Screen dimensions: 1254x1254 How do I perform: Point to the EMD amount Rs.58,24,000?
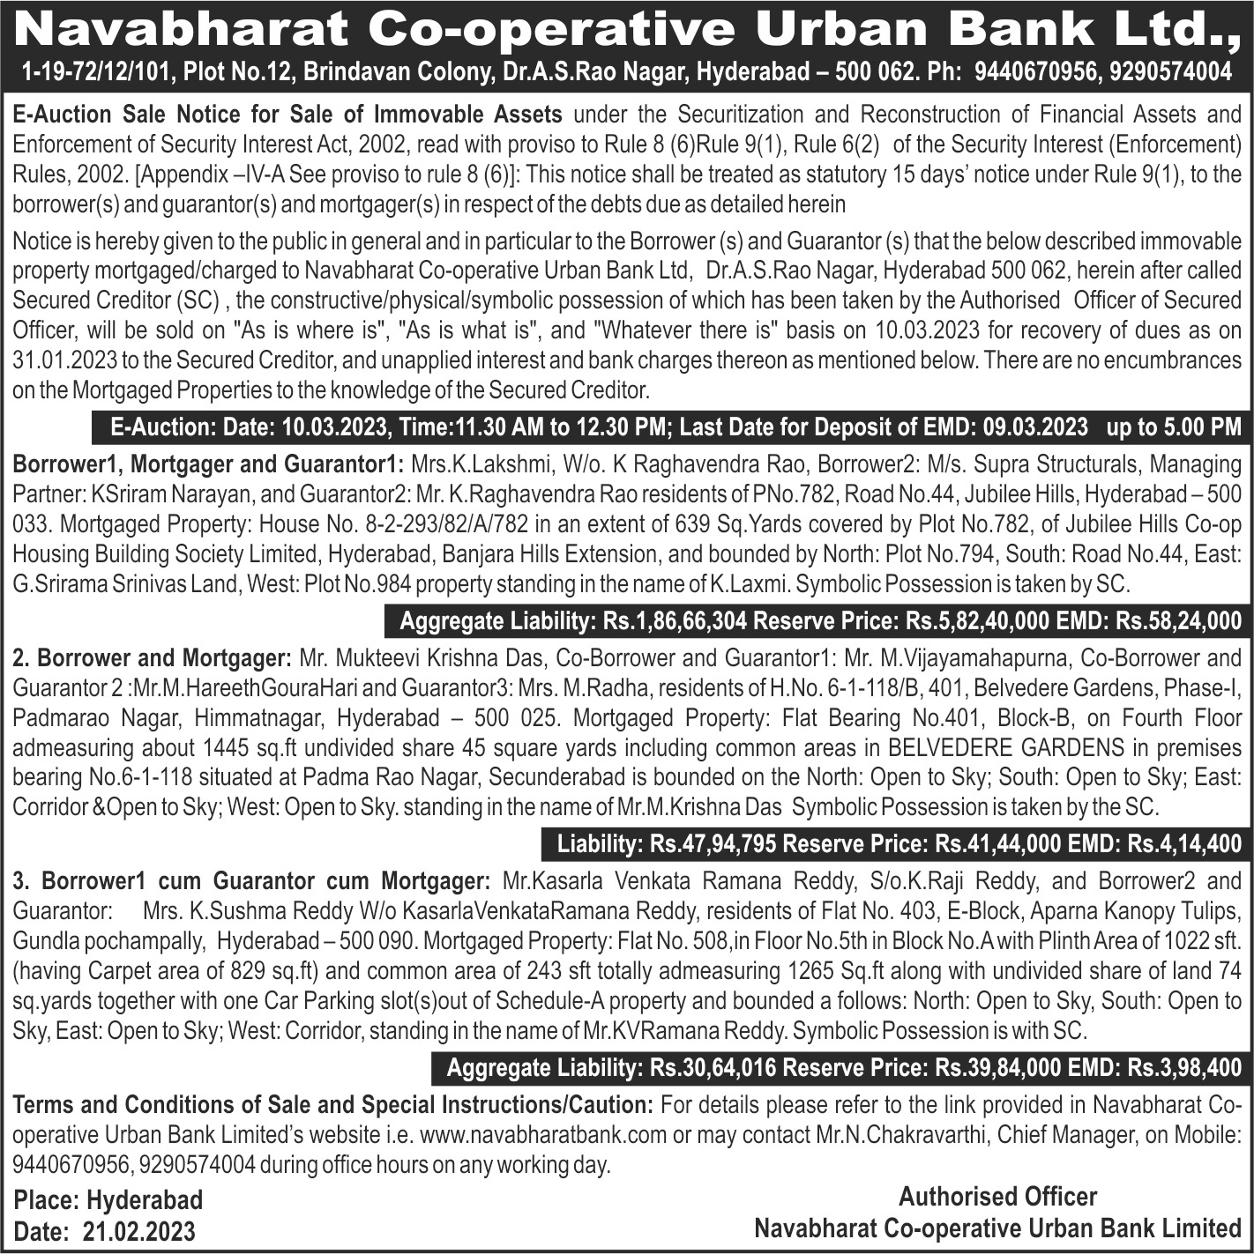pyautogui.click(x=1178, y=621)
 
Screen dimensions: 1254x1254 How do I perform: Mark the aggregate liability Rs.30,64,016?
pyautogui.click(x=713, y=1068)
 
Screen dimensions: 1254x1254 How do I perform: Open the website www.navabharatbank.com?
pyautogui.click(x=543, y=1134)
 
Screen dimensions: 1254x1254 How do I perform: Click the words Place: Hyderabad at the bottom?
pyautogui.click(x=108, y=1200)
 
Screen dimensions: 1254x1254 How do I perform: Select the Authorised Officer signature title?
pyautogui.click(x=997, y=1197)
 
